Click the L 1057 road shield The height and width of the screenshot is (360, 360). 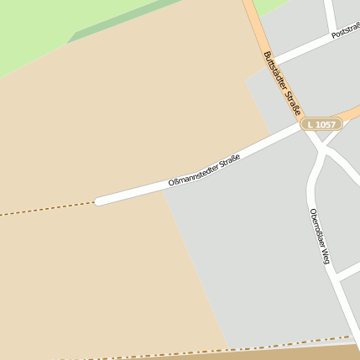pyautogui.click(x=321, y=124)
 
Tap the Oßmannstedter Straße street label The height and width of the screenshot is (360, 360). pyautogui.click(x=204, y=170)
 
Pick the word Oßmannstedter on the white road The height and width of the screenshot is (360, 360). pyautogui.click(x=192, y=174)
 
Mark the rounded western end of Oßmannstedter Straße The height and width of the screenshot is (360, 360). pyautogui.click(x=99, y=201)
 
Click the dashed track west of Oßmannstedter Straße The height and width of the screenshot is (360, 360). pyautogui.click(x=46, y=209)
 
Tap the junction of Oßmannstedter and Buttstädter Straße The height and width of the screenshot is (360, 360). pyautogui.click(x=300, y=127)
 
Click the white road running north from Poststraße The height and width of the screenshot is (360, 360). pyautogui.click(x=331, y=15)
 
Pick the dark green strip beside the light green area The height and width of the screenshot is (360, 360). pyautogui.click(x=126, y=21)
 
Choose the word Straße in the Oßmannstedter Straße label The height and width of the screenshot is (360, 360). pyautogui.click(x=229, y=159)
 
